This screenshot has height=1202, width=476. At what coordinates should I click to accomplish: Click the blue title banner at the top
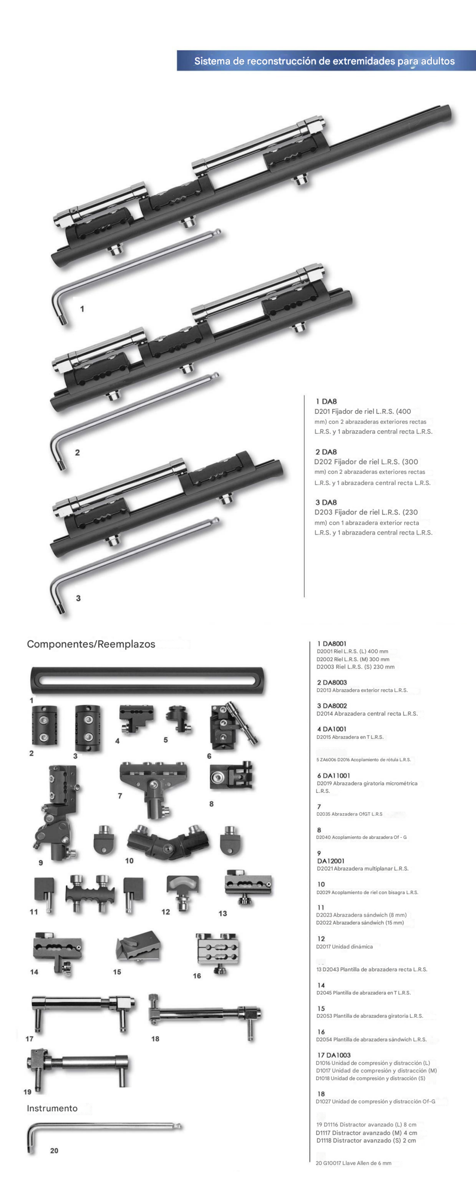pos(326,61)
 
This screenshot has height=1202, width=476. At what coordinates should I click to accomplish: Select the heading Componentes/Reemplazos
pos(91,644)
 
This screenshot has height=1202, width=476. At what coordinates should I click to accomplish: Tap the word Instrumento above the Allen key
pos(52,1108)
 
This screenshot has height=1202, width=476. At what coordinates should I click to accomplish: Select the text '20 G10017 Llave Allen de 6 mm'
pos(354,1163)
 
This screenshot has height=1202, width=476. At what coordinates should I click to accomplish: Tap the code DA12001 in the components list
pos(331,861)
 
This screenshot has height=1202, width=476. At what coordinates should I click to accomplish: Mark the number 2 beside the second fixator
pos(78,453)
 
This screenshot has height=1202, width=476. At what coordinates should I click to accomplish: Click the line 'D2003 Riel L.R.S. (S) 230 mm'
pos(356,667)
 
